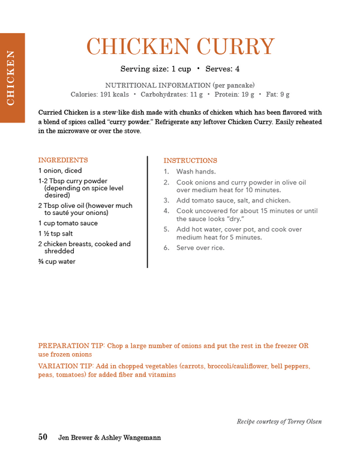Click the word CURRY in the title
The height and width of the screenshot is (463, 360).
click(235, 47)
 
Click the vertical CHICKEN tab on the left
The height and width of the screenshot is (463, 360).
click(11, 77)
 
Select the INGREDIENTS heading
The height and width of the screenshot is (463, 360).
click(63, 160)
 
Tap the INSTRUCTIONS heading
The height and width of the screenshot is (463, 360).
click(190, 161)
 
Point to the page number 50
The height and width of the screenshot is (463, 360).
click(43, 437)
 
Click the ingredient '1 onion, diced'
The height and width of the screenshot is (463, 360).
click(60, 171)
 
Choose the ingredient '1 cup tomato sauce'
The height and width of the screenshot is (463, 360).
click(68, 223)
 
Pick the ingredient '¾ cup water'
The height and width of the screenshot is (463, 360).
click(57, 262)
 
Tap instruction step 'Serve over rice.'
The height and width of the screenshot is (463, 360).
click(200, 248)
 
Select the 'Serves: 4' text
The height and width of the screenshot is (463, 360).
click(223, 69)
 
